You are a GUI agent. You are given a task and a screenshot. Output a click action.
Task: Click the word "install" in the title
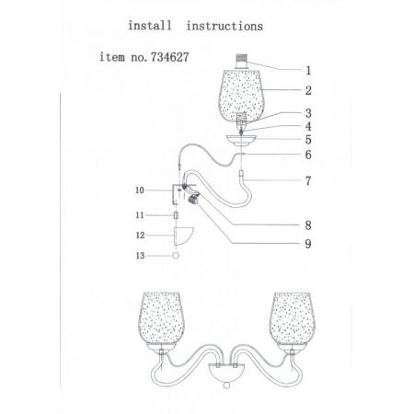150,26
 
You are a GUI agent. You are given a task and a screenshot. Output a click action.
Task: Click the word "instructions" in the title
224,26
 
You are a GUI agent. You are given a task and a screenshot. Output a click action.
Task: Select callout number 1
308,71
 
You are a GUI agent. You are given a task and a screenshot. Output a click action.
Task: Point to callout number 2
308,90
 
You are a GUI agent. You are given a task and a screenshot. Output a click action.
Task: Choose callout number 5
308,140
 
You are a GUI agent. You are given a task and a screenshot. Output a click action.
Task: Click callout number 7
308,181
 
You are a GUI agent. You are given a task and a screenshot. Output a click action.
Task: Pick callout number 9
308,244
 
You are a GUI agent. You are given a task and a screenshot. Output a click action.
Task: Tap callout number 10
140,190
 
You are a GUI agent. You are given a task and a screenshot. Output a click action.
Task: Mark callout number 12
140,236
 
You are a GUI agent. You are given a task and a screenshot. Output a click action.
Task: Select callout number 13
140,256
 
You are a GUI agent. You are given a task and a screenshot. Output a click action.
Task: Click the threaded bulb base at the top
242,62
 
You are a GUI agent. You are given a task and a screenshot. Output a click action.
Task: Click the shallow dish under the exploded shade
242,140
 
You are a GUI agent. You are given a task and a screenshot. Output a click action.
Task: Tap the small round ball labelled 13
176,256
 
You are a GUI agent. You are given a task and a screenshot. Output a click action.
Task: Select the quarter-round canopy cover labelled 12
182,236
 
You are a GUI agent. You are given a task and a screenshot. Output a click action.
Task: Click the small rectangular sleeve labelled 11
176,215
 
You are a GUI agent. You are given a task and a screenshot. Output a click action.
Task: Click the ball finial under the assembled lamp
226,385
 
